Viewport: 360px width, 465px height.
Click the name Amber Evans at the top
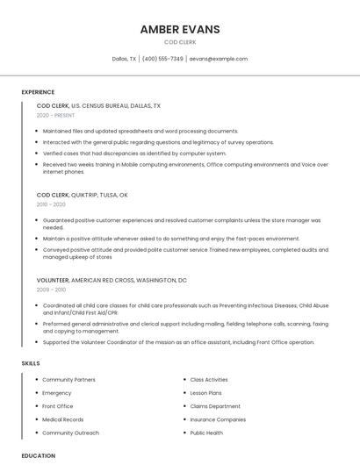tap(180, 29)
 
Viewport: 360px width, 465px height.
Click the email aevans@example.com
tap(219, 59)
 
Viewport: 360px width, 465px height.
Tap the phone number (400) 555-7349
tap(162, 59)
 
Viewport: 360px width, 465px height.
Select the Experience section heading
tap(38, 92)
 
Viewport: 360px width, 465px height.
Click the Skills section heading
tap(31, 363)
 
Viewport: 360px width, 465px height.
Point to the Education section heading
tap(39, 456)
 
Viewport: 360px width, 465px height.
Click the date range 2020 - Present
tap(56, 115)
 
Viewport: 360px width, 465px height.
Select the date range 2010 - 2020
tap(51, 204)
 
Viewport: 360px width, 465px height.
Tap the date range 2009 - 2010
tap(51, 290)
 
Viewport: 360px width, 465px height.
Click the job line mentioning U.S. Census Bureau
tap(98, 105)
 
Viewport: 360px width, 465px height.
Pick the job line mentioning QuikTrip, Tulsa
tap(83, 195)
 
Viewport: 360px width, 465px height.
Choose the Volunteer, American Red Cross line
tap(112, 280)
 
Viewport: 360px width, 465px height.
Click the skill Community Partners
tap(68, 380)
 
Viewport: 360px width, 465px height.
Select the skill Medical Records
tap(63, 419)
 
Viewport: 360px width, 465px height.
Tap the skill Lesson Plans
tap(205, 393)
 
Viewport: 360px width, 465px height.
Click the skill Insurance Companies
tap(218, 419)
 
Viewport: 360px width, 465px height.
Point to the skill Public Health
tap(206, 433)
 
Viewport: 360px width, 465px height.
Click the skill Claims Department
tap(215, 406)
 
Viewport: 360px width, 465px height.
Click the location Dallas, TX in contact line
tap(124, 59)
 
